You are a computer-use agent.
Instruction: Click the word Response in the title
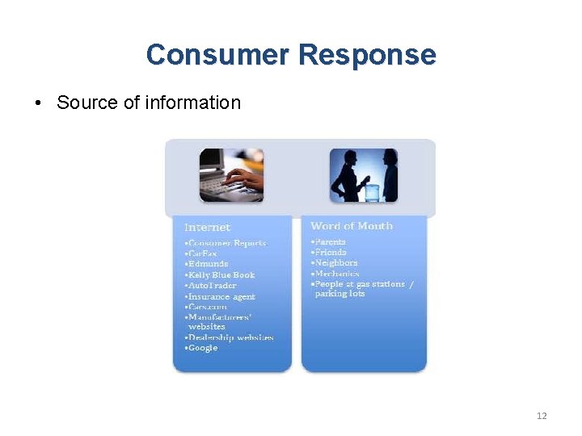coord(367,55)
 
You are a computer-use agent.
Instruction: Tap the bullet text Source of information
coord(149,103)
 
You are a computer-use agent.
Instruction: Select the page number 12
coord(542,416)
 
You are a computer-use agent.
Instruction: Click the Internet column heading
coord(207,228)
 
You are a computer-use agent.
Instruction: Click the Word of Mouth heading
coord(352,226)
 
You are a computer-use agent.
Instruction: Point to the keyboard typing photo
coord(231,174)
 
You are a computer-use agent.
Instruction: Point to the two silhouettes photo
coord(364,174)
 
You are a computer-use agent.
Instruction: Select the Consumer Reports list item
coord(226,243)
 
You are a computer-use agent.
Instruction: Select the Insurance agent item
coord(221,296)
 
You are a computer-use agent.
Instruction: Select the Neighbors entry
coord(335,262)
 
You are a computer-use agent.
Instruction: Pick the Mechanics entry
coord(335,273)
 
